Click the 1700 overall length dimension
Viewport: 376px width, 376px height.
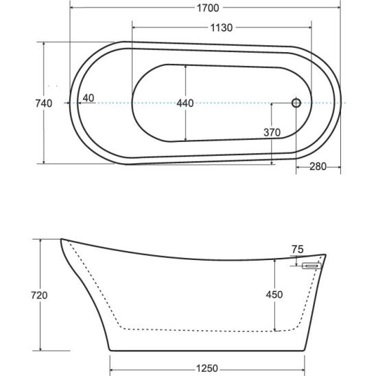208,8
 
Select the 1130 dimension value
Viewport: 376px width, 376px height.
222,28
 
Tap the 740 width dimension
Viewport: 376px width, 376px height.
44,104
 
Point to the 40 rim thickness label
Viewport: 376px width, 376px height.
89,98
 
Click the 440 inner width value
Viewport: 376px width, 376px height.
185,104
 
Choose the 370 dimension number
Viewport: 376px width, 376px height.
272,132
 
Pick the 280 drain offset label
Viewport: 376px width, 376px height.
318,167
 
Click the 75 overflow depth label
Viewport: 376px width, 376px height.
298,250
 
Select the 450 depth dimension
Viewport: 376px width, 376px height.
274,294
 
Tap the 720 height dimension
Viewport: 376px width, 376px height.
39,295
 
